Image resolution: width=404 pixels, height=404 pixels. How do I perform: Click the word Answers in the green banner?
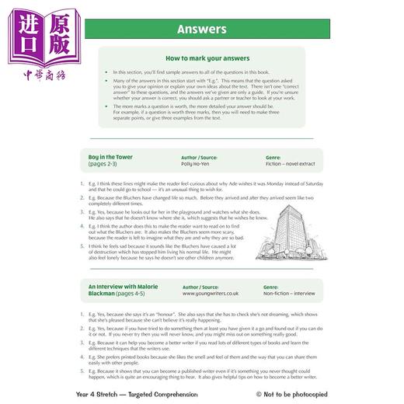200,30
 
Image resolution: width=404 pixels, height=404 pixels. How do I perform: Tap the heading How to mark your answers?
200,58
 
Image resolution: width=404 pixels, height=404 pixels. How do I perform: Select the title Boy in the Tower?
110,157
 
